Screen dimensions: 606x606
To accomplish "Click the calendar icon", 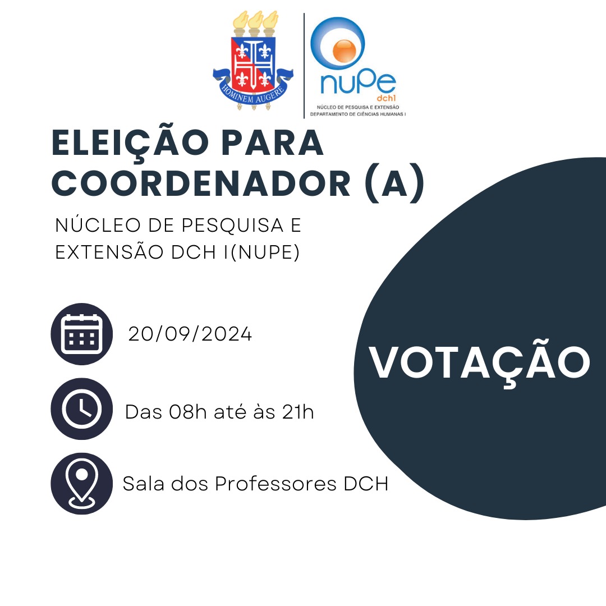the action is click(81, 334).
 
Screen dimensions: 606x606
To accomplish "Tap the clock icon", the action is click(81, 409).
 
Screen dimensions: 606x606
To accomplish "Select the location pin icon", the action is click(81, 484).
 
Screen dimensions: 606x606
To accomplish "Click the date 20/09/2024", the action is click(190, 334).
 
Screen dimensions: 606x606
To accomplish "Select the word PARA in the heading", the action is click(273, 143).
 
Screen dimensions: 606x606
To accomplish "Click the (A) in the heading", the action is click(394, 183).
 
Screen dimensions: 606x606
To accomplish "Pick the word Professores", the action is click(276, 484).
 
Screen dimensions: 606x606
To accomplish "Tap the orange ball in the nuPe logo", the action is click(345, 50).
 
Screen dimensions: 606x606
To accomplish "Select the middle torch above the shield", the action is click(255, 24).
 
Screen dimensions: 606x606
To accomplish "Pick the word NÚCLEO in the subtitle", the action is click(98, 225).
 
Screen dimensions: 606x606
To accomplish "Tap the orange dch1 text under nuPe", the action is click(387, 98).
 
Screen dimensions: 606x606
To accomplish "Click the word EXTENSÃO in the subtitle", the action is click(109, 251).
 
